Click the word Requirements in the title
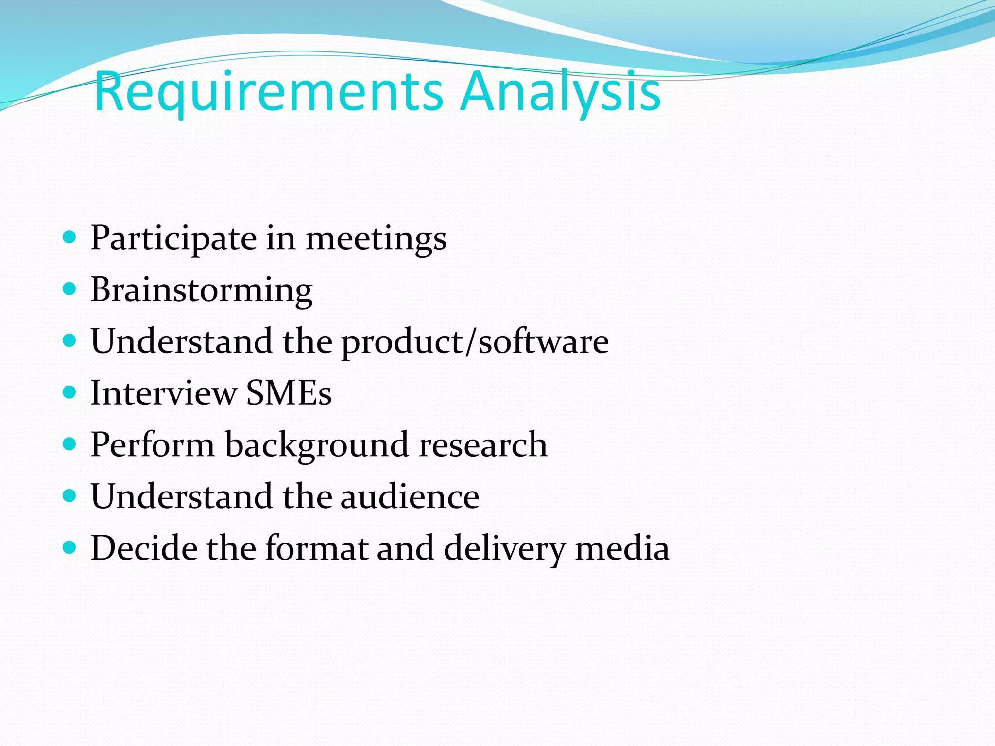coord(268,91)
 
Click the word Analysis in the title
coord(561,91)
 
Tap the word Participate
coord(173,238)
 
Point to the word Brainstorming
coord(202,290)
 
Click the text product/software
coord(475,342)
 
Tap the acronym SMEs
coord(289,393)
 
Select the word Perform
coord(153,444)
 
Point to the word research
coord(483,444)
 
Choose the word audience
coord(410,496)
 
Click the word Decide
coord(144,548)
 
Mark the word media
coord(622,548)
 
